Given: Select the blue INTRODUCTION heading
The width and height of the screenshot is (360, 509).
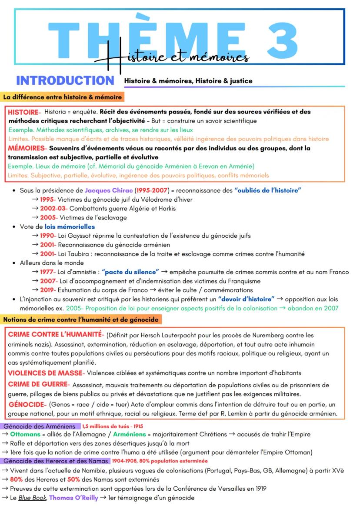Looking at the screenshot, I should tap(65, 80).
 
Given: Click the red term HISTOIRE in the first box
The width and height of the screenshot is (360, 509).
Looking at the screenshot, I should tap(23, 112).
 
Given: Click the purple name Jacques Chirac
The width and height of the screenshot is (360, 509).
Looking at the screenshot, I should tap(109, 190).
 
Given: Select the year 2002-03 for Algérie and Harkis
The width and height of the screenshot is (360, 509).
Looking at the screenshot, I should tap(53, 208).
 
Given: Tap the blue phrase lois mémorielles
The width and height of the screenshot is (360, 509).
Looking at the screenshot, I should tap(70, 226).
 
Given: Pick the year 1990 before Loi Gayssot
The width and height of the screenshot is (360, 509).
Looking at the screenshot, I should tap(48, 236).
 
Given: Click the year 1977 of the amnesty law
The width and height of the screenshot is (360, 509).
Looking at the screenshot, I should tap(48, 272).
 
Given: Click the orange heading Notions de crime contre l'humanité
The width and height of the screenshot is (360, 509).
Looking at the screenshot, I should tap(81, 320).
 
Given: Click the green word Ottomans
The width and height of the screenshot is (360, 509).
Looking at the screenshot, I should tap(25, 434).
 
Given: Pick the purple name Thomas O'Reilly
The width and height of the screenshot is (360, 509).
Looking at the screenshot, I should tap(73, 498).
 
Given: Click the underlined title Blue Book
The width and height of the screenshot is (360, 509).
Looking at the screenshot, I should tap(33, 498).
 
